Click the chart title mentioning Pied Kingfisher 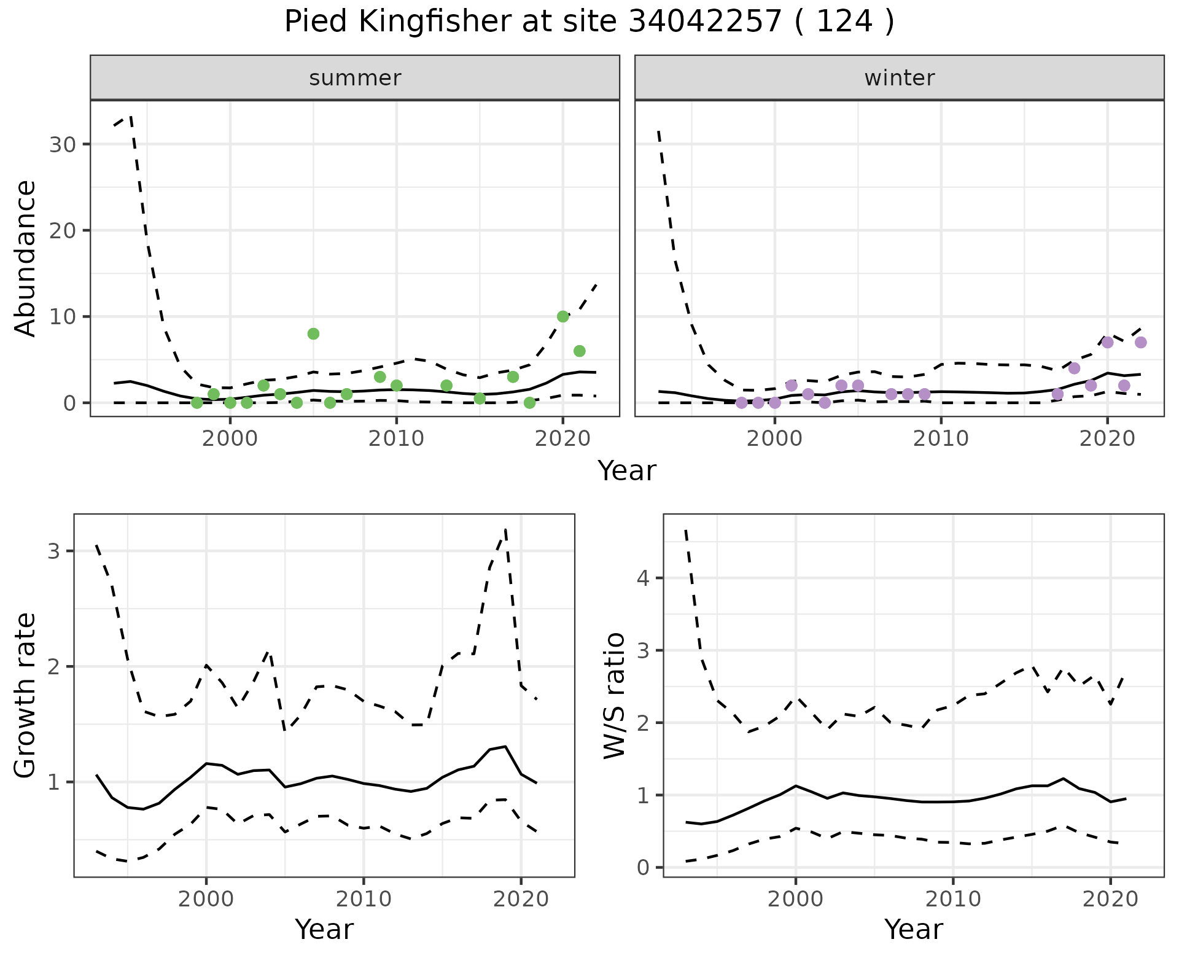589,22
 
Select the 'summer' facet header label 355,78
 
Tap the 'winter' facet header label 899,78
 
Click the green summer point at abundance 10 562,317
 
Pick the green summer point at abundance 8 313,334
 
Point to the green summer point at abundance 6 579,351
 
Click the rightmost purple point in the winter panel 1140,343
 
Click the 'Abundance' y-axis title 26,258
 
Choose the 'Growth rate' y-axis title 26,695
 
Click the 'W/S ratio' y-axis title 614,695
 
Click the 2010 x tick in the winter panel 941,438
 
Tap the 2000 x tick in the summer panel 230,438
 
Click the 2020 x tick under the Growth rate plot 521,900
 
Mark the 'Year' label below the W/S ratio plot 913,930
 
